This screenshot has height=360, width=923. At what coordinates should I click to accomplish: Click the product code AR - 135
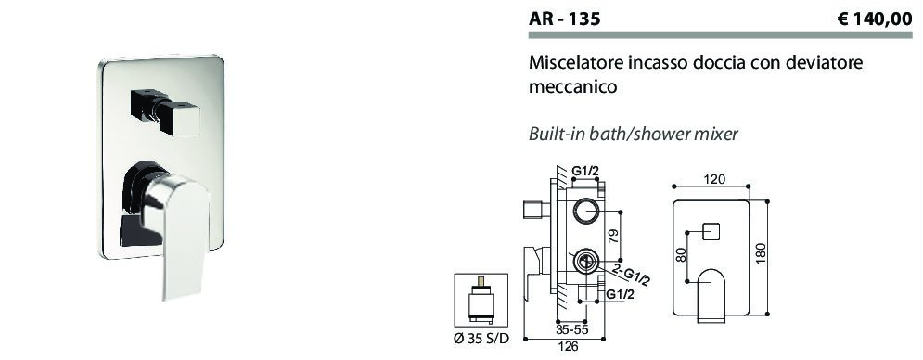565,19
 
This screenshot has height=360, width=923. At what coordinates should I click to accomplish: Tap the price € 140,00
874,19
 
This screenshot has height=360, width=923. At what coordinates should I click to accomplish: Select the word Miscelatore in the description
567,62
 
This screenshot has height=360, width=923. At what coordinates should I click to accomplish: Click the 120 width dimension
713,178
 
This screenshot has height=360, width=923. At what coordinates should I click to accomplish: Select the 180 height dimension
761,254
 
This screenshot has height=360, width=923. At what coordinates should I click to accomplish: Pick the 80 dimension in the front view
682,254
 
